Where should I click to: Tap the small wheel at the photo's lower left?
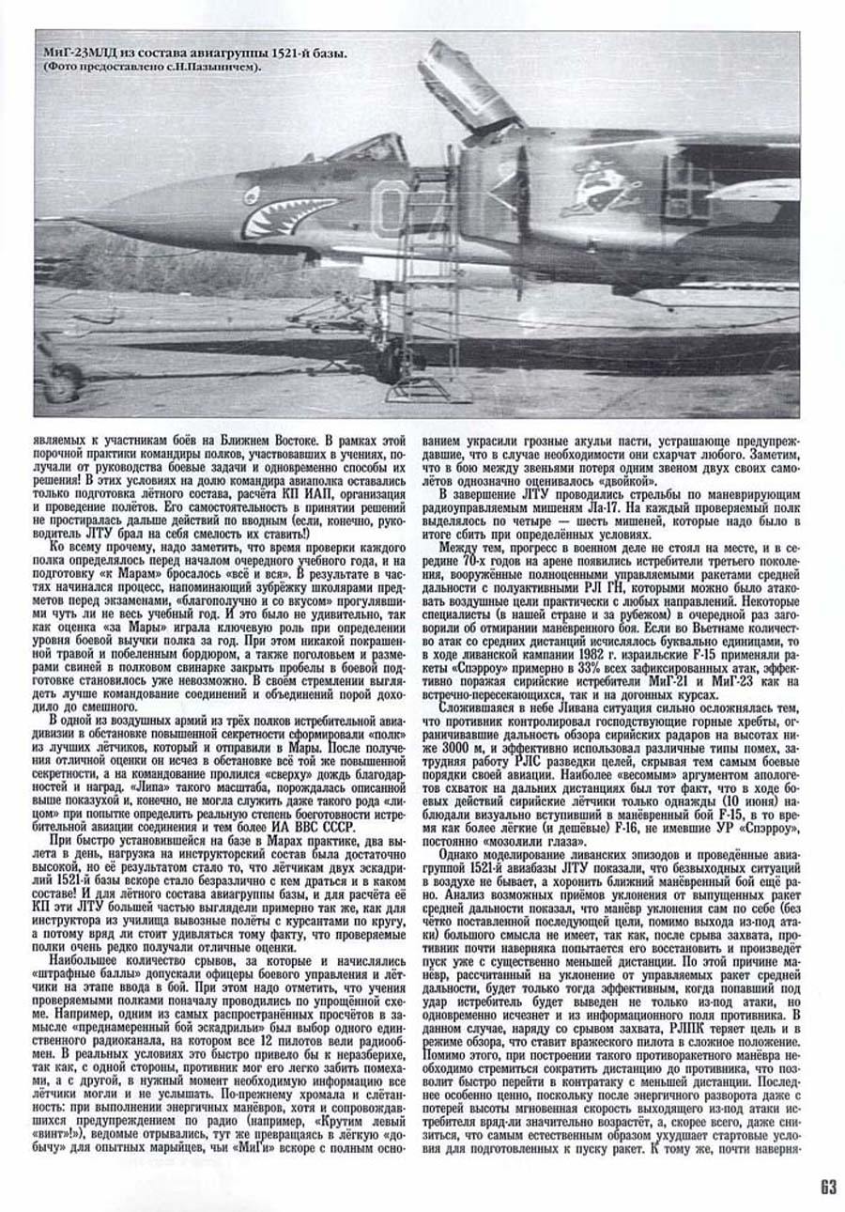pos(62,381)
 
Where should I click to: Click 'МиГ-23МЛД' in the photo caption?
pos(83,54)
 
